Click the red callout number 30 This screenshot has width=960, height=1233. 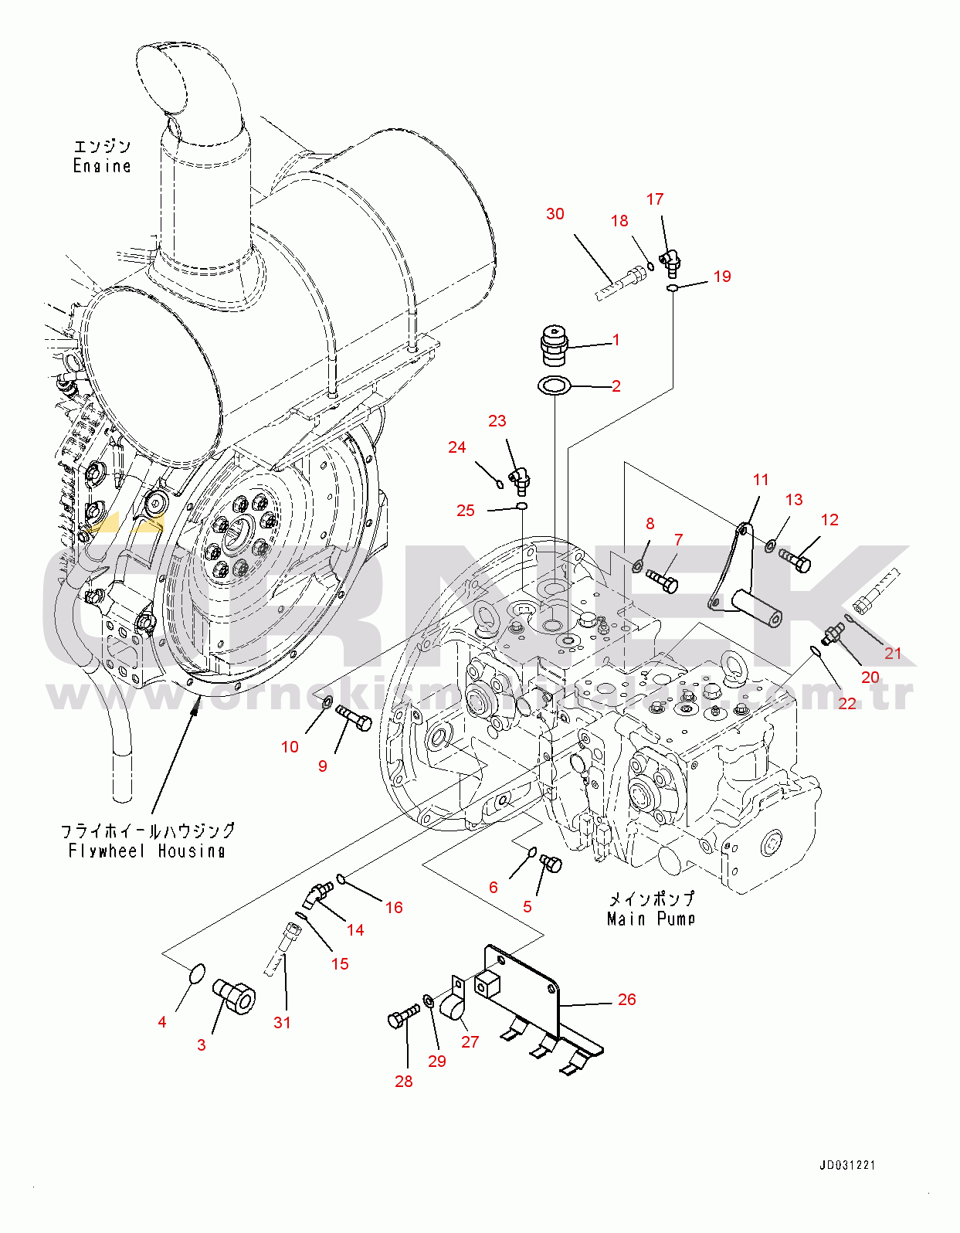tap(555, 214)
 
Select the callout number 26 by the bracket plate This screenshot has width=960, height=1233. tap(626, 1000)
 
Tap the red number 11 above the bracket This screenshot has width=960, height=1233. tap(761, 480)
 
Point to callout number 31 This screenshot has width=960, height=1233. tap(282, 1023)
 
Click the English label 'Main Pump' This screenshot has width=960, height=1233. tap(651, 919)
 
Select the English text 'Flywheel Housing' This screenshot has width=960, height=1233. tap(147, 851)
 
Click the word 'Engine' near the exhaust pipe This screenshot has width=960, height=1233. tap(102, 165)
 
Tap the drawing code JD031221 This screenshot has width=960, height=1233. tap(847, 1165)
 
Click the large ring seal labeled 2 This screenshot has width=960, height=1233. tap(554, 385)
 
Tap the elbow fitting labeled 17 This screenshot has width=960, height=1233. tap(669, 261)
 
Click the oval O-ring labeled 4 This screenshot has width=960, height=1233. tap(197, 972)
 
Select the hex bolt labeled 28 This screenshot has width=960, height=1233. tap(404, 1017)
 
